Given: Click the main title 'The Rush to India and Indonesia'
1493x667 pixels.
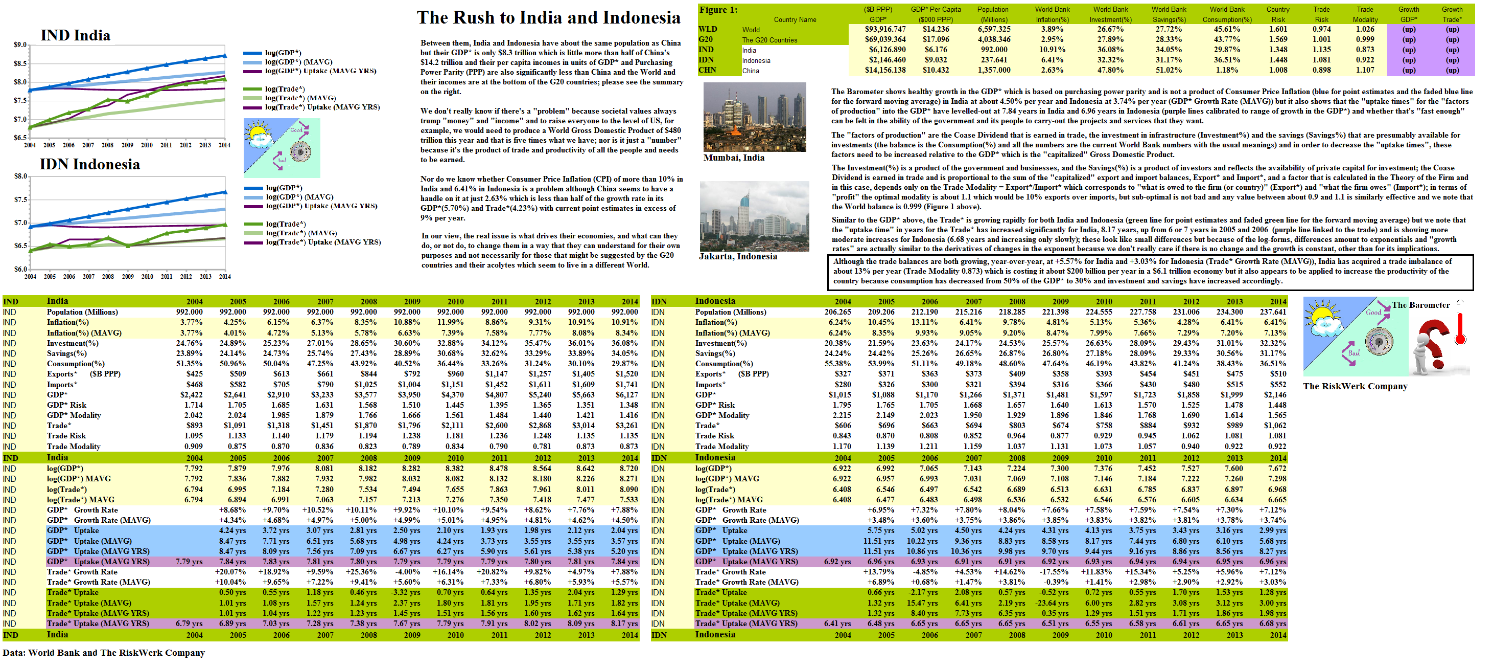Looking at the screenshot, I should [x=548, y=18].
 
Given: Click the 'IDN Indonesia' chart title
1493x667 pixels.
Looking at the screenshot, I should [x=90, y=164].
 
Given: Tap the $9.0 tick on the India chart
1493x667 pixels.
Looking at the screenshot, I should [x=20, y=45].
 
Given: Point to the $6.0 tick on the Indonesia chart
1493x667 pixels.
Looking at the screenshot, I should [x=20, y=269].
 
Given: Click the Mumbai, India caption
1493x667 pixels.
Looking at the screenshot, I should [x=734, y=158].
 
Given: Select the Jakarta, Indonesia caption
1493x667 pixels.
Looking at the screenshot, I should [x=738, y=256].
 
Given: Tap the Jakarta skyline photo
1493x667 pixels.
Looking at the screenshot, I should [x=754, y=216].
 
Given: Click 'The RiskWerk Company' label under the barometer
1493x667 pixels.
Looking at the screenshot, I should [x=1355, y=386].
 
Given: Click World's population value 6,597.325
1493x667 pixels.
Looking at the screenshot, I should [x=994, y=29].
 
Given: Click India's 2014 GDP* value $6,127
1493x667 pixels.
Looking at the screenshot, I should [x=626, y=395].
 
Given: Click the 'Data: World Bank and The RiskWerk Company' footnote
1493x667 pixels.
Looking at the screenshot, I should [x=104, y=653].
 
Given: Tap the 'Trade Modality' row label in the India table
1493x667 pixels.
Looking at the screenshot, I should [x=74, y=447].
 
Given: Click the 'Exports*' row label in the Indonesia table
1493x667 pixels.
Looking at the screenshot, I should [x=710, y=374].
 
